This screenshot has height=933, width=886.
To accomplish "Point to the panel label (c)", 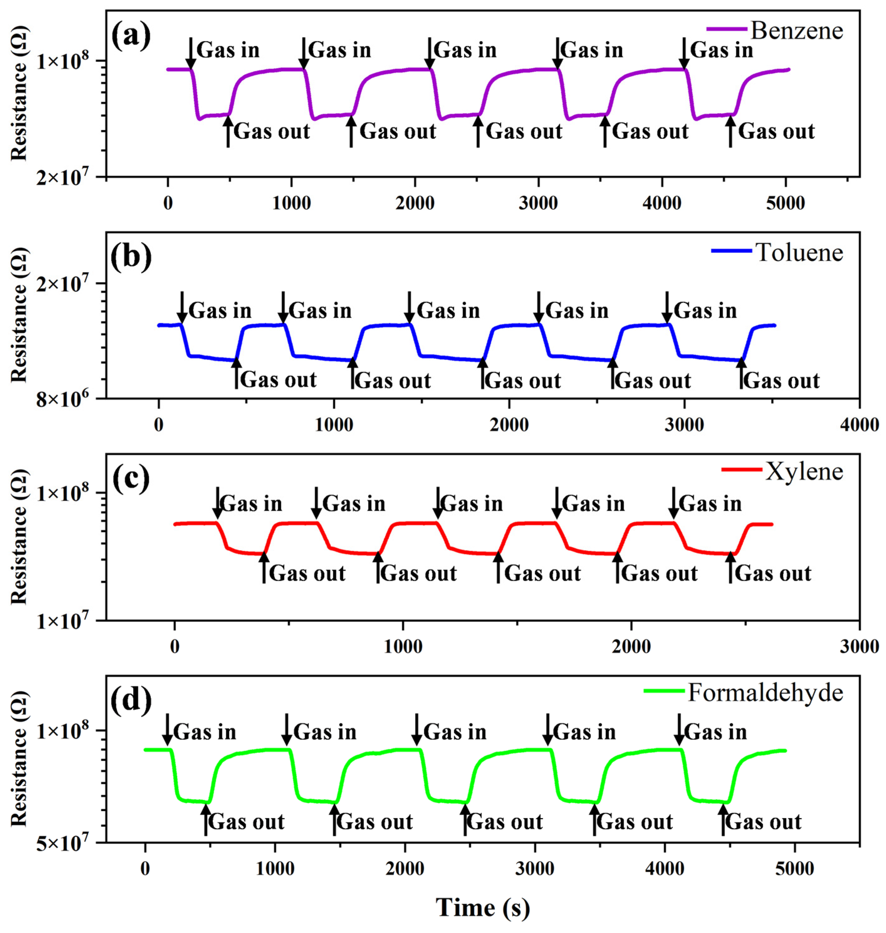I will [x=131, y=478].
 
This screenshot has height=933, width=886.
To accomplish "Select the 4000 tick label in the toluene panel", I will [x=859, y=425].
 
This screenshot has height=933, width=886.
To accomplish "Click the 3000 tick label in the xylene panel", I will [x=859, y=646].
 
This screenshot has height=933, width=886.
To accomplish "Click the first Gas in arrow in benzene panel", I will [x=190, y=53].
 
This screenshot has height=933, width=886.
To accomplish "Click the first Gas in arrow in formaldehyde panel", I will [x=167, y=729].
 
